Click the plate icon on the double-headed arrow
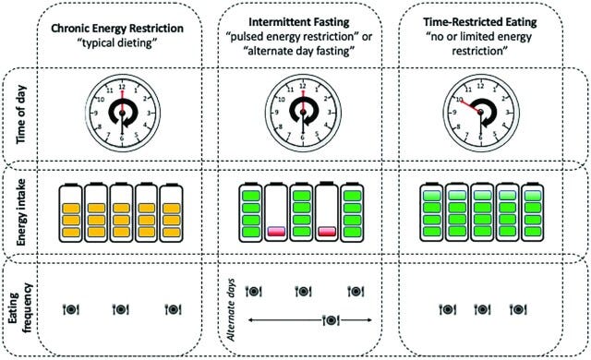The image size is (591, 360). tap(329, 320)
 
